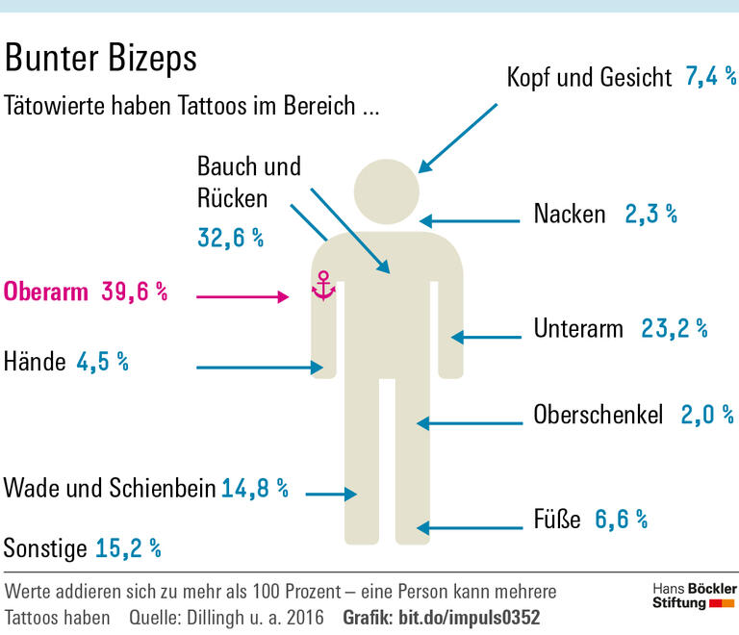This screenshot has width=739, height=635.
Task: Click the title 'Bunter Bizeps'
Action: tap(101, 58)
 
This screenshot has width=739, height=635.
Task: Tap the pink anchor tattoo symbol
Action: tap(324, 286)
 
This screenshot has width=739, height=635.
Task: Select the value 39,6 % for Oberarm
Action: tap(135, 292)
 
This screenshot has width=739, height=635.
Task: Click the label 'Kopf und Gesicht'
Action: tap(589, 78)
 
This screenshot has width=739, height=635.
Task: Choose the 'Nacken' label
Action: tap(570, 214)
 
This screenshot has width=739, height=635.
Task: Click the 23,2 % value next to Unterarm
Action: tap(675, 329)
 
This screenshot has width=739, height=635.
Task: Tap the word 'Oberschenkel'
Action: tap(599, 415)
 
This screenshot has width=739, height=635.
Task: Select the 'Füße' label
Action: tap(557, 520)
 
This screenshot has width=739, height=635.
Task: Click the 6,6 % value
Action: tap(621, 520)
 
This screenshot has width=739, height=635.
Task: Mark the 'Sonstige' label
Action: tap(44, 548)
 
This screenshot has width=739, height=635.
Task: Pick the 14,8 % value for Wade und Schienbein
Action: tap(255, 488)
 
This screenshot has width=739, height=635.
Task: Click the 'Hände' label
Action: tap(35, 362)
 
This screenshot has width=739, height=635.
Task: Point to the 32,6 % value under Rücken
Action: tap(231, 238)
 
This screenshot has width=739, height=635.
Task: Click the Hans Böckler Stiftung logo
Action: tap(694, 596)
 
